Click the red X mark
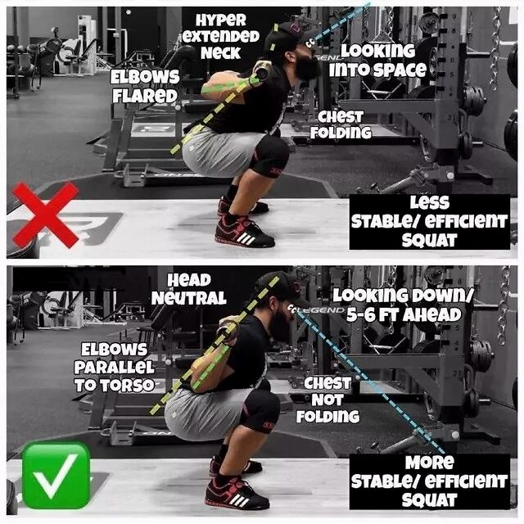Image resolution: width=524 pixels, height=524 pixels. coord(46,215)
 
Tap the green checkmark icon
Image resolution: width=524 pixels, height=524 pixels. coord(56,475)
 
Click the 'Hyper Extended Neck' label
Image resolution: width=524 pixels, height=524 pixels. coord(221,36)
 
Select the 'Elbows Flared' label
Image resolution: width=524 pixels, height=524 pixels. coord(145,87)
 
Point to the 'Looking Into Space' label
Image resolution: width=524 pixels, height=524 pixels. coord(378,61)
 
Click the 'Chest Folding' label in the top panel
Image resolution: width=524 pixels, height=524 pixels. coord(341,124)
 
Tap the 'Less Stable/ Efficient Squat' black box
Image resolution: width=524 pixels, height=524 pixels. coord(430,222)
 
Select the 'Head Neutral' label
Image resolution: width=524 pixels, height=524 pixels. coord(189,289)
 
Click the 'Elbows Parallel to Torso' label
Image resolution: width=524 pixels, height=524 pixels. coord(115,368)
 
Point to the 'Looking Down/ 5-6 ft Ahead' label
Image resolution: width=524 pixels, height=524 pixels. coord(404,305)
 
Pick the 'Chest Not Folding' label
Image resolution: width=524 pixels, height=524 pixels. coord(327,400)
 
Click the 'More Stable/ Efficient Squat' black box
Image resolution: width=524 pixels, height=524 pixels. coord(430,481)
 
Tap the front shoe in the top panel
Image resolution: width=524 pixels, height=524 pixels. coord(245,231)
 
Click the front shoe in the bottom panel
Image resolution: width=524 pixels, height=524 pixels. coord(237,494)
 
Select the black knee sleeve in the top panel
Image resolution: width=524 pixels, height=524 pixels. coord(269,156)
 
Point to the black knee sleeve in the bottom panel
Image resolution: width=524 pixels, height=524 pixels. coord(260,412)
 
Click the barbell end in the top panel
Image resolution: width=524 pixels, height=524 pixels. coord(261,71)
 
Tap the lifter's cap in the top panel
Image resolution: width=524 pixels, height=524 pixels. coord(288,35)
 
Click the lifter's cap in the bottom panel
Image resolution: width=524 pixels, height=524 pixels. coord(282,287)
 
